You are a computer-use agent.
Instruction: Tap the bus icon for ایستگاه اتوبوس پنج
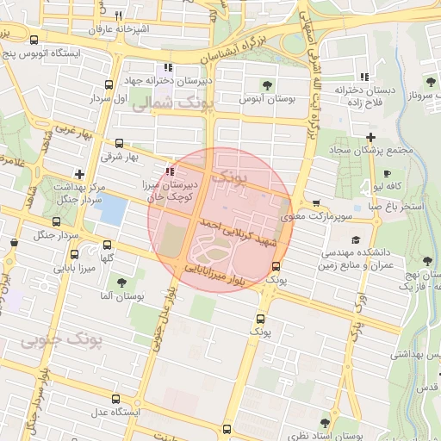(34, 40)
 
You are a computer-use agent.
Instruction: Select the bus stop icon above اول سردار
(109, 84)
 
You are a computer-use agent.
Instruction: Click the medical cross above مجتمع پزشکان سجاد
(370, 137)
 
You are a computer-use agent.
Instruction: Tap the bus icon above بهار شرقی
(118, 144)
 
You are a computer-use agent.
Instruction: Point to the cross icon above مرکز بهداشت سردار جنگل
(79, 173)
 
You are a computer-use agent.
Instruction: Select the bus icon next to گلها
(106, 245)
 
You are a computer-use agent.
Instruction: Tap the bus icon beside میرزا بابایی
(74, 254)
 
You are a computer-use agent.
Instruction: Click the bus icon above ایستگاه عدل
(115, 399)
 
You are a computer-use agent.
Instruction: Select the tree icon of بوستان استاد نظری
(324, 422)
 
